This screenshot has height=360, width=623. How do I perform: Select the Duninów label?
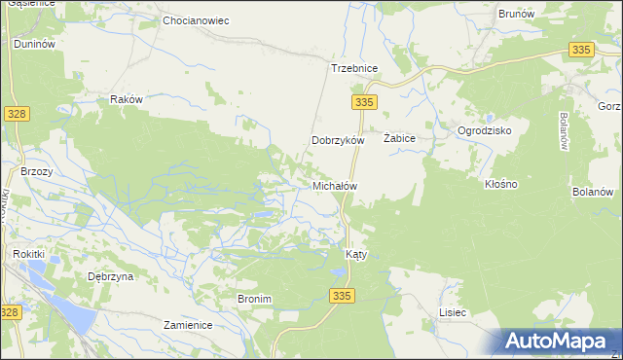[33, 45]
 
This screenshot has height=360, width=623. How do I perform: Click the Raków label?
[127, 99]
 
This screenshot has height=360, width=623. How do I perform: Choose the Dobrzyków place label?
[337, 140]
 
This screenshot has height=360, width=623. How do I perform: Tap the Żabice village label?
[399, 139]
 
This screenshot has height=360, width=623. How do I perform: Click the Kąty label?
[356, 255]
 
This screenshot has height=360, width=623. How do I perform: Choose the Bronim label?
[254, 299]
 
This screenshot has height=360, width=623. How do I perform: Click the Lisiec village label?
[453, 312]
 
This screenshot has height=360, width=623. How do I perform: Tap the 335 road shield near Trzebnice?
[364, 101]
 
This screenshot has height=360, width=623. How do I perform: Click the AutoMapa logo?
[561, 341]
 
